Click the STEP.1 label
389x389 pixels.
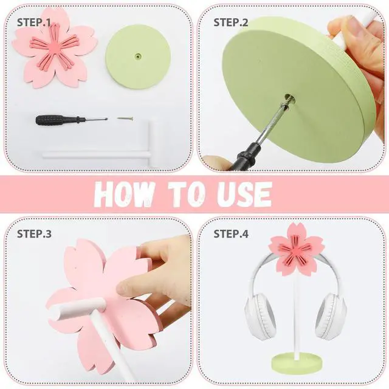pyautogui.click(x=34, y=22)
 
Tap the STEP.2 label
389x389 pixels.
pyautogui.click(x=231, y=22)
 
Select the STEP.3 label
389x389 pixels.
pyautogui.click(x=34, y=233)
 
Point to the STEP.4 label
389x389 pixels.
pyautogui.click(x=231, y=233)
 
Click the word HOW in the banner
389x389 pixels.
pyautogui.click(x=125, y=195)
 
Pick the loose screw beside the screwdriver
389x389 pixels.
pyautogui.click(x=125, y=119)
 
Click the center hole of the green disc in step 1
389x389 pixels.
pyautogui.click(x=137, y=56)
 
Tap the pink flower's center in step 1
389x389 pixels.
pyautogui.click(x=53, y=47)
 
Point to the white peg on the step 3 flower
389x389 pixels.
pyautogui.click(x=77, y=308)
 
